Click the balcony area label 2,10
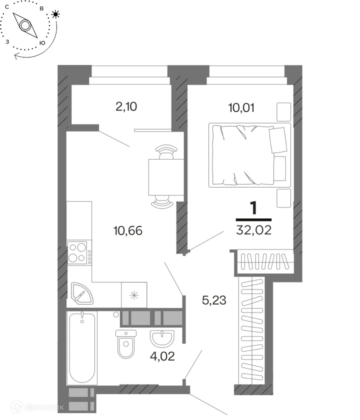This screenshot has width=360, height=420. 126,106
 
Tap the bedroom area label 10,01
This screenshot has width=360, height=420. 241,107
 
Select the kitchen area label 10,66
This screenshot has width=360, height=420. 128,230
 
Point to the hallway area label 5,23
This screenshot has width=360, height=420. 214,300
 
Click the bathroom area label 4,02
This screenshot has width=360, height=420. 162,356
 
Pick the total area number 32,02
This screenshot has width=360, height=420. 253,230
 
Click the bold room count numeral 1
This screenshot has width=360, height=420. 253,208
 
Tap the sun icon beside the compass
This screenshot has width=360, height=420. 55,14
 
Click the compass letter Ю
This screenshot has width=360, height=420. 42,43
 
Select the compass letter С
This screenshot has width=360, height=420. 7,7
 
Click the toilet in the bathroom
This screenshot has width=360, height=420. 126,344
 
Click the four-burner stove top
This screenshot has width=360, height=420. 79,253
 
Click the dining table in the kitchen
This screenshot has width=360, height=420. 166,177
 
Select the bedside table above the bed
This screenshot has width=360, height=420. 283,112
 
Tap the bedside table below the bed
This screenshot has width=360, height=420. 283,198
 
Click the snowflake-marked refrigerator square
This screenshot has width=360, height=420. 134,295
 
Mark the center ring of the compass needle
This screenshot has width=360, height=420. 25,25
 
